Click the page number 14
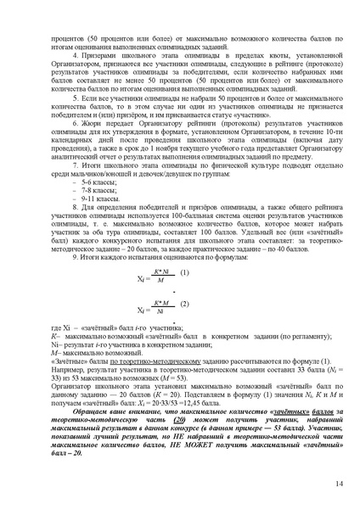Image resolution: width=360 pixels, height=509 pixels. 338,484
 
